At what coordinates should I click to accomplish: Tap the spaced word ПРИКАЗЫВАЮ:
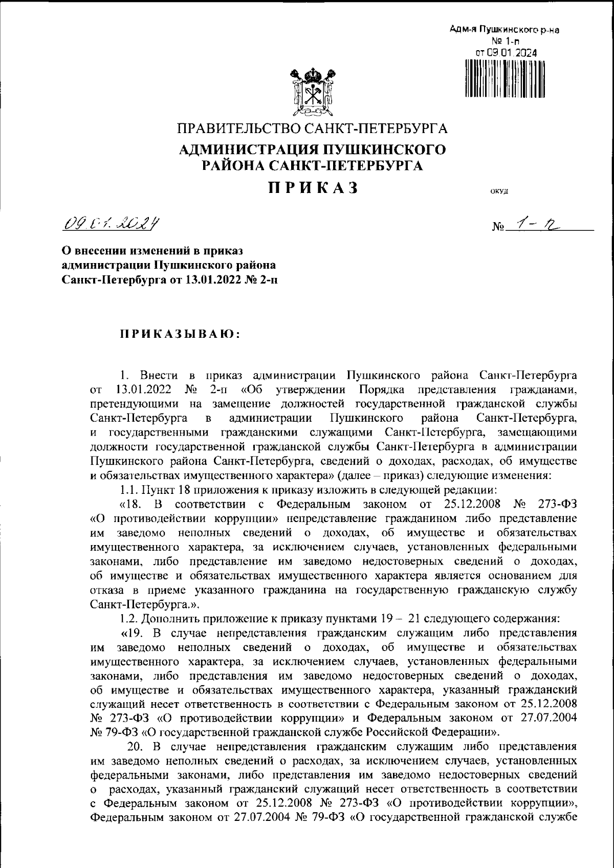click(x=180, y=334)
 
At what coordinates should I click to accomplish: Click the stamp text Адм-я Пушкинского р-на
click(x=505, y=30)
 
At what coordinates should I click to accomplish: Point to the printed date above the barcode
click(x=505, y=52)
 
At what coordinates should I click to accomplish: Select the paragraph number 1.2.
click(x=128, y=617)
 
